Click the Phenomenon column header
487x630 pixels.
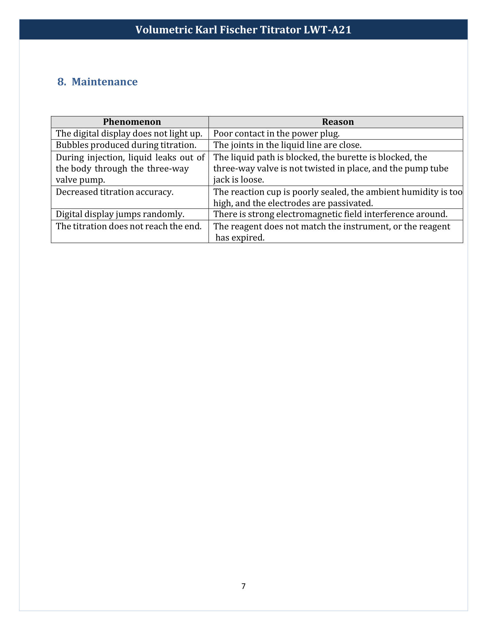click(132, 122)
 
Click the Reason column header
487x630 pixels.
click(337, 122)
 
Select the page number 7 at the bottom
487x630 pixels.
click(244, 586)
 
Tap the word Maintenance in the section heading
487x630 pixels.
click(105, 82)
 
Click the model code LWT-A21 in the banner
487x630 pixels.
click(327, 30)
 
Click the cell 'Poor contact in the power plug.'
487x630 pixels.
click(276, 133)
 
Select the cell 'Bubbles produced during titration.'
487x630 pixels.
click(126, 145)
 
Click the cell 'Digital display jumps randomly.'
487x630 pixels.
click(120, 214)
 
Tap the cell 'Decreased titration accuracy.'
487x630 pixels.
click(115, 192)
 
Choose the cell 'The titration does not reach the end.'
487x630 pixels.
click(129, 227)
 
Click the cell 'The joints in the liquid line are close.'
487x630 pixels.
click(287, 145)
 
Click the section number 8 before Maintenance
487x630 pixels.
click(61, 82)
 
